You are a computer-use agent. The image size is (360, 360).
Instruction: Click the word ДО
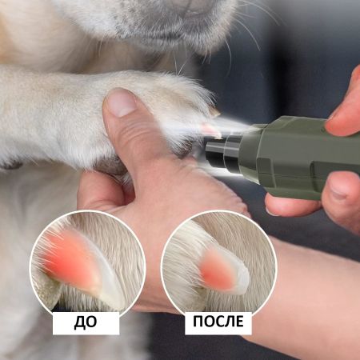point(86,323)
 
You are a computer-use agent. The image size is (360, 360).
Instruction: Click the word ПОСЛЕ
point(218,323)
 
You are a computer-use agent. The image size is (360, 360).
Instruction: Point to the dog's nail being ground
point(210,128)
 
